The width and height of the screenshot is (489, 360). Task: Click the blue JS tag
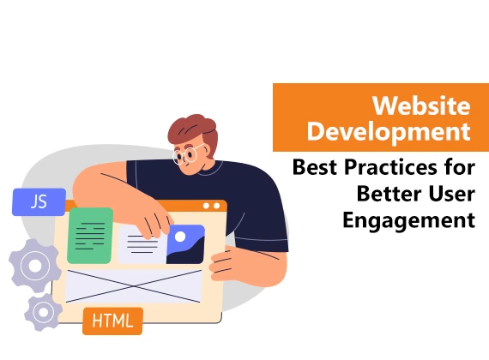pyautogui.click(x=39, y=202)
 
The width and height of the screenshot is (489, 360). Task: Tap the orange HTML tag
pyautogui.click(x=112, y=321)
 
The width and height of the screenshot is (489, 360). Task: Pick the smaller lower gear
pyautogui.click(x=43, y=312)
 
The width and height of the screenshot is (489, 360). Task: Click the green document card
pyautogui.click(x=89, y=234)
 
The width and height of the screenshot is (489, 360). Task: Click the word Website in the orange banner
pyautogui.click(x=420, y=107)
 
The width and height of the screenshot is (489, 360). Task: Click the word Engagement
pyautogui.click(x=408, y=220)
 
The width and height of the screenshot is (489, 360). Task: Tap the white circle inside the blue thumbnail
pyautogui.click(x=180, y=236)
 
